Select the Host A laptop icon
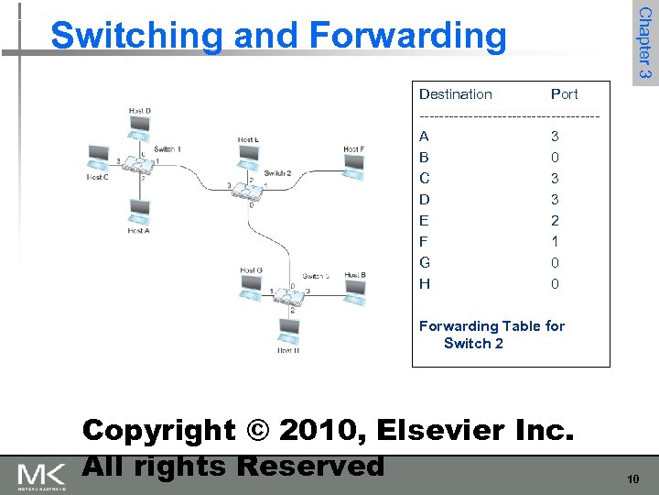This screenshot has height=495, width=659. click(139, 212)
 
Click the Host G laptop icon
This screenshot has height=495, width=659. click(251, 286)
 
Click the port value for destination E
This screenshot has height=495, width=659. click(555, 220)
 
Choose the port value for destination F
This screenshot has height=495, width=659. click(555, 241)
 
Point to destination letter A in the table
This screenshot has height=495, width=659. click(425, 136)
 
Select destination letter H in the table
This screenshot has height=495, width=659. click(425, 283)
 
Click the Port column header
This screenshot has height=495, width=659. click(564, 93)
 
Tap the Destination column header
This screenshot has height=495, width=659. click(455, 93)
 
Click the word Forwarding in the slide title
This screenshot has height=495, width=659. click(407, 35)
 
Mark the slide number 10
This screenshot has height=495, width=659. click(632, 479)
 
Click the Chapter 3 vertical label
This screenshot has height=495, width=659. click(645, 43)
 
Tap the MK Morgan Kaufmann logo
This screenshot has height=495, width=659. click(42, 476)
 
